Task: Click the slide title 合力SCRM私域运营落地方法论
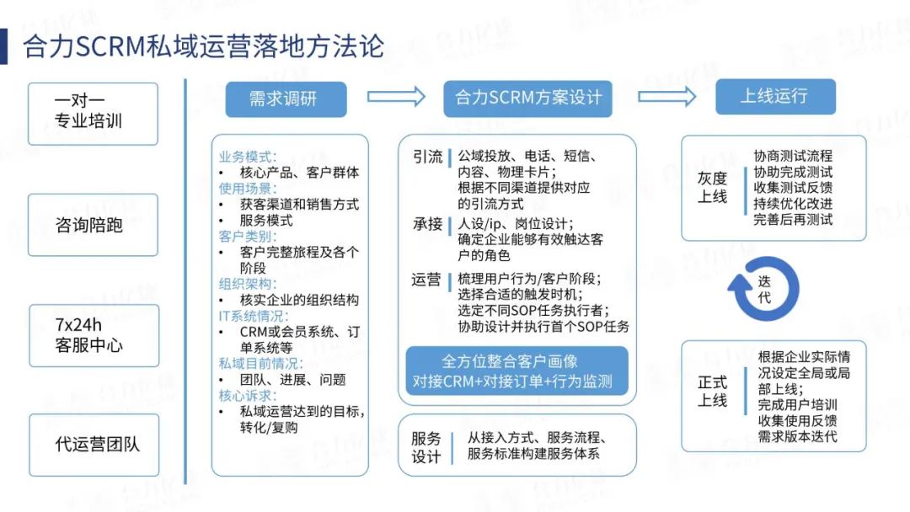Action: (x=202, y=45)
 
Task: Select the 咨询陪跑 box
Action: (x=93, y=225)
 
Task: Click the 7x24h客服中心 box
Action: (x=93, y=335)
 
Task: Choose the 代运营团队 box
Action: (x=93, y=445)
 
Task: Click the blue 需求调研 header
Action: (x=286, y=99)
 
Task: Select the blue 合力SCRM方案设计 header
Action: (x=528, y=99)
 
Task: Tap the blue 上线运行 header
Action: (x=775, y=96)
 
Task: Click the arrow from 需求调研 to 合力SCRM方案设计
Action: (x=396, y=97)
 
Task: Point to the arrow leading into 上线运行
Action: (x=665, y=97)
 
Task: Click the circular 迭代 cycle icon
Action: (x=763, y=289)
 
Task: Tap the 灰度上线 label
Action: (x=712, y=187)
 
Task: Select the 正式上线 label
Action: (x=712, y=392)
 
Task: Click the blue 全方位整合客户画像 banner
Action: (x=517, y=371)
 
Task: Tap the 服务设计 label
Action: (x=426, y=447)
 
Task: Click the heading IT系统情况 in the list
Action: (x=253, y=317)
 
